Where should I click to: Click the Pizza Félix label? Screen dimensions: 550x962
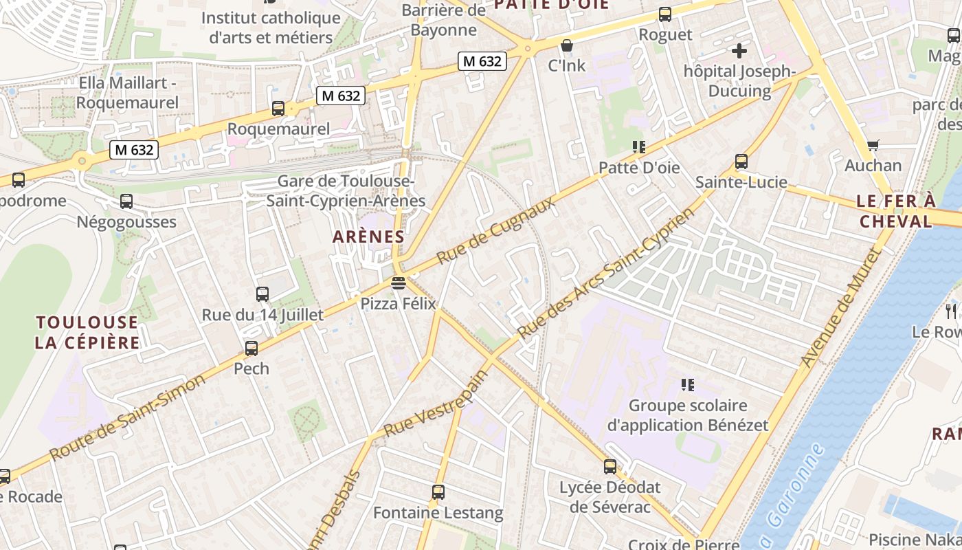click(x=399, y=303)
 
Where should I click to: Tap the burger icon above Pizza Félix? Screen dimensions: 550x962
click(x=398, y=283)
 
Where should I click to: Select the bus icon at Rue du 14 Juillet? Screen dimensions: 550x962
click(x=262, y=294)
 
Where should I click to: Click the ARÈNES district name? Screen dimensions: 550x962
click(x=368, y=236)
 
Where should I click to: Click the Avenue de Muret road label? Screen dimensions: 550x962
click(x=840, y=309)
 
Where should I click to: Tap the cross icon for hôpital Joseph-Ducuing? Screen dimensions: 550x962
click(x=739, y=50)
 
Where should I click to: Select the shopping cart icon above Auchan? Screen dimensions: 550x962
click(x=873, y=145)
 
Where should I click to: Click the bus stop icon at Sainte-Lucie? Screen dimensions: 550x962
click(x=741, y=162)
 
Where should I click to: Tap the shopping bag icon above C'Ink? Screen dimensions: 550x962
click(x=567, y=46)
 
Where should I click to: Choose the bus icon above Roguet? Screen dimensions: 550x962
click(x=664, y=14)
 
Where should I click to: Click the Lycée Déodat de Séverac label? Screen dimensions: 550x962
click(x=610, y=497)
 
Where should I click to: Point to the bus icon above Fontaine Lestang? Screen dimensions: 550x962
click(x=438, y=492)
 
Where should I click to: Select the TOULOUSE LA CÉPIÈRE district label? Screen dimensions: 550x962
click(x=87, y=332)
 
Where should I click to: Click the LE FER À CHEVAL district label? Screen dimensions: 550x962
click(x=897, y=211)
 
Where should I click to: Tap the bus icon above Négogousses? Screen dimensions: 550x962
click(x=126, y=201)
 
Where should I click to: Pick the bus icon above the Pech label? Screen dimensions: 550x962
click(x=251, y=349)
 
